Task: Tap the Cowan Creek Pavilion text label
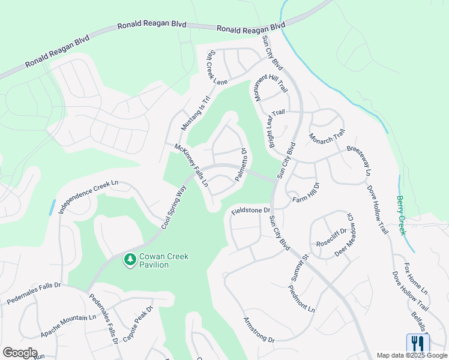click(x=164, y=260)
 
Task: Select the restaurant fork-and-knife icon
click(x=418, y=343)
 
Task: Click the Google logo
click(x=20, y=353)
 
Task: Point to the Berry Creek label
click(x=401, y=215)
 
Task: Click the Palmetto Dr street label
click(x=241, y=165)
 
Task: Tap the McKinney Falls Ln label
click(x=191, y=165)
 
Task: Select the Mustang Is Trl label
click(x=196, y=114)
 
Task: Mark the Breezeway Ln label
click(x=357, y=157)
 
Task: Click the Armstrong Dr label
click(x=259, y=330)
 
